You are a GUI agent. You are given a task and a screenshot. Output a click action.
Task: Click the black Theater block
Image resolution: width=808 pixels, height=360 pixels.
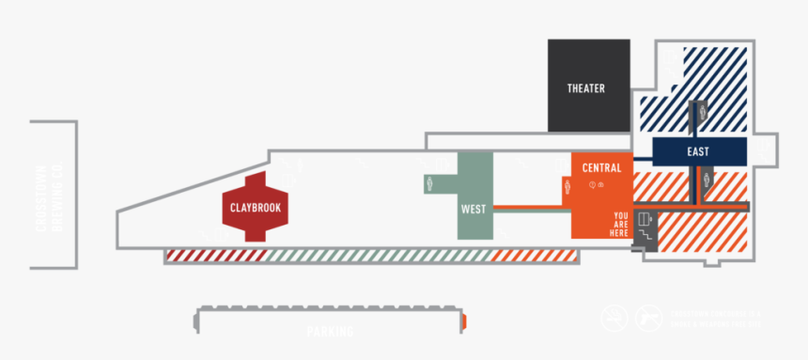(588, 86)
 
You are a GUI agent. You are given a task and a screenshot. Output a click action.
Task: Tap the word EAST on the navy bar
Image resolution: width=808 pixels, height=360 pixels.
(698, 151)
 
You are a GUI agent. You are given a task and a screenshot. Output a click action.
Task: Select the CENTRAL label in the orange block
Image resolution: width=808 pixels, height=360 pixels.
(601, 168)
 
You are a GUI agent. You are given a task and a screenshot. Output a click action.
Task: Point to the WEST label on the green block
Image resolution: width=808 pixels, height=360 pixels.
(474, 209)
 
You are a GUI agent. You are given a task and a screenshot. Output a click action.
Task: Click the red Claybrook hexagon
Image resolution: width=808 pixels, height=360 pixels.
(256, 207)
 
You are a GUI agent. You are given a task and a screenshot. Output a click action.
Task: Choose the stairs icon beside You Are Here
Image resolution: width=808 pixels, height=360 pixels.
(645, 236)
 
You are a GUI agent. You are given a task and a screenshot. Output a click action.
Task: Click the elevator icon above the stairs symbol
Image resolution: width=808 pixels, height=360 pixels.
(645, 220)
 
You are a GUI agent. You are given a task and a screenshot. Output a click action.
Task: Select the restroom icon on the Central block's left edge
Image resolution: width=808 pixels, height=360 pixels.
(567, 187)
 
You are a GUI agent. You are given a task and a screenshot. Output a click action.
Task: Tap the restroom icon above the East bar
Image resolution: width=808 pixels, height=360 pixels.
(700, 112)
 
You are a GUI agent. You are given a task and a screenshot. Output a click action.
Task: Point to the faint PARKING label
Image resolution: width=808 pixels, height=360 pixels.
(330, 331)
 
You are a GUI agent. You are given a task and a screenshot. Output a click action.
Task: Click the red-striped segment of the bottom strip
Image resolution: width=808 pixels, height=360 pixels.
(211, 255)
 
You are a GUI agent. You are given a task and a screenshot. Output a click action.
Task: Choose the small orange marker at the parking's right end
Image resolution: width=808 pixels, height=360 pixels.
(464, 322)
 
